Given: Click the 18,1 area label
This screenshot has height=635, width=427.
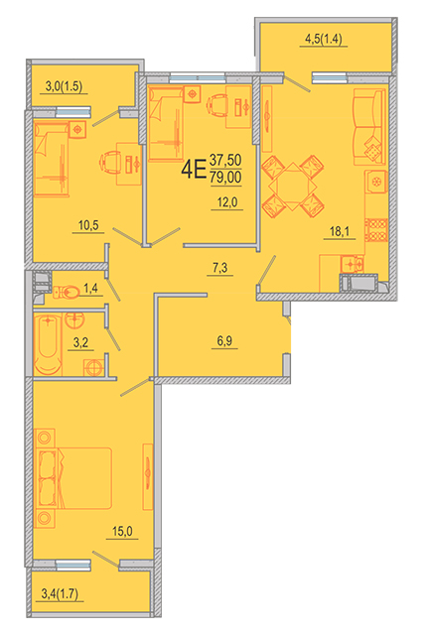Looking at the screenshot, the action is tap(340, 231).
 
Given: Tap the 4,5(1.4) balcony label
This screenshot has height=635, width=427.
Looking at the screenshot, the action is tap(324, 39).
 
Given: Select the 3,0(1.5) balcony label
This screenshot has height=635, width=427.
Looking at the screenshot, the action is tap(64, 86).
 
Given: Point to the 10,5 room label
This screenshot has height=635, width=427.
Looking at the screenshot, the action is tap(88, 225).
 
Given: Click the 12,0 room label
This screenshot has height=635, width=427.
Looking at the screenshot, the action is tap(227, 201).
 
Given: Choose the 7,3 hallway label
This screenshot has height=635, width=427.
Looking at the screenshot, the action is tap(220, 267).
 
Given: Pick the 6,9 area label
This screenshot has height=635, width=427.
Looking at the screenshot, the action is tap(224, 340).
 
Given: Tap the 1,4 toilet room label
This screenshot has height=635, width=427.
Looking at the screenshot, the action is tap(90, 288).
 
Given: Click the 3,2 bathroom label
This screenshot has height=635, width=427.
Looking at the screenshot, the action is tap(80, 342).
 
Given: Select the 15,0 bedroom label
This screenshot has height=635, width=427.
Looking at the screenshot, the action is tap(122, 531).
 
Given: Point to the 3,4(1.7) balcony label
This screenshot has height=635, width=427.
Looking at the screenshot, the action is tap(60, 593).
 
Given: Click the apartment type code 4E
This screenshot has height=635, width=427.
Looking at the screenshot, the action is tap(194, 169).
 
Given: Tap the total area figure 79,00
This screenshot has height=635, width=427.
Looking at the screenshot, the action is tap(225, 178).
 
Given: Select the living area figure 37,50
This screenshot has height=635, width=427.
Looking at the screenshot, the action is tap(225, 160).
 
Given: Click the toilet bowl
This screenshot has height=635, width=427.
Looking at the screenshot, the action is tap(67, 292).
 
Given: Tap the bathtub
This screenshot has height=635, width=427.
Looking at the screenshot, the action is tap(48, 344).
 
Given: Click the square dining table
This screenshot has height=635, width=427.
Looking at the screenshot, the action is tap(293, 187).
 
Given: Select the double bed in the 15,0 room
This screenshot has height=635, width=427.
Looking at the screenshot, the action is tap(73, 478).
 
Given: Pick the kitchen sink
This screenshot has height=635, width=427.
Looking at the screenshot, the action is tap(353, 264).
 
